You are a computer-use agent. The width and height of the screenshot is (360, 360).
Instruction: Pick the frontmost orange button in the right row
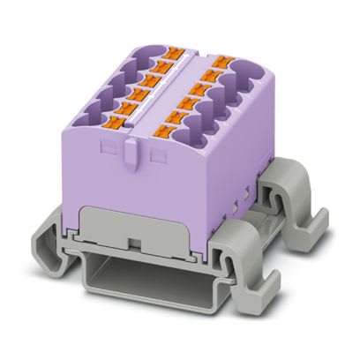164,132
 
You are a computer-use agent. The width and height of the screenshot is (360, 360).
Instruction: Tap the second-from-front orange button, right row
176,116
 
